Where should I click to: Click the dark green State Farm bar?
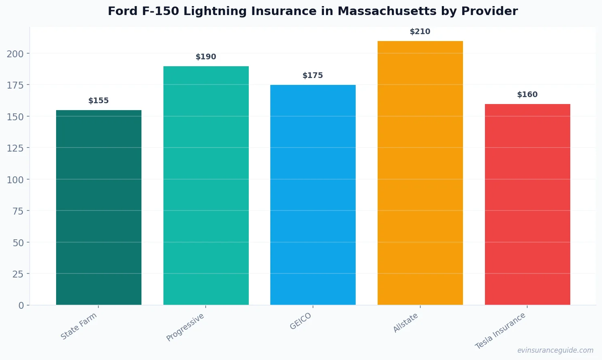tap(99, 207)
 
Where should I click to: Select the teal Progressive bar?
tap(206, 185)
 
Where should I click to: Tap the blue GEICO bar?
tap(313, 195)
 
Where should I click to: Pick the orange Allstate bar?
tap(420, 173)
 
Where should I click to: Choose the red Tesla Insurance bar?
tap(527, 204)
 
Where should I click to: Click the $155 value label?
tap(99, 101)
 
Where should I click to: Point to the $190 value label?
tap(206, 57)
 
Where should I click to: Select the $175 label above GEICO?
tap(313, 76)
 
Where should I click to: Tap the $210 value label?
tap(420, 32)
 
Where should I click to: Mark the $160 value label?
tap(527, 95)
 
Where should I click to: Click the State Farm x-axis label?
tap(79, 326)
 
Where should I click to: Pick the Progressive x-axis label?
tap(185, 327)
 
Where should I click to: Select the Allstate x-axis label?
tap(406, 323)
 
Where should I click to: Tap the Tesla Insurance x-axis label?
tap(500, 331)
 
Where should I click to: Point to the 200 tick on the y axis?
tap(15, 54)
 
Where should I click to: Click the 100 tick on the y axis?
tap(15, 180)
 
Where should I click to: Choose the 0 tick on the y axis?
tap(21, 306)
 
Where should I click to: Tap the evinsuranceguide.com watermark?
tap(555, 350)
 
